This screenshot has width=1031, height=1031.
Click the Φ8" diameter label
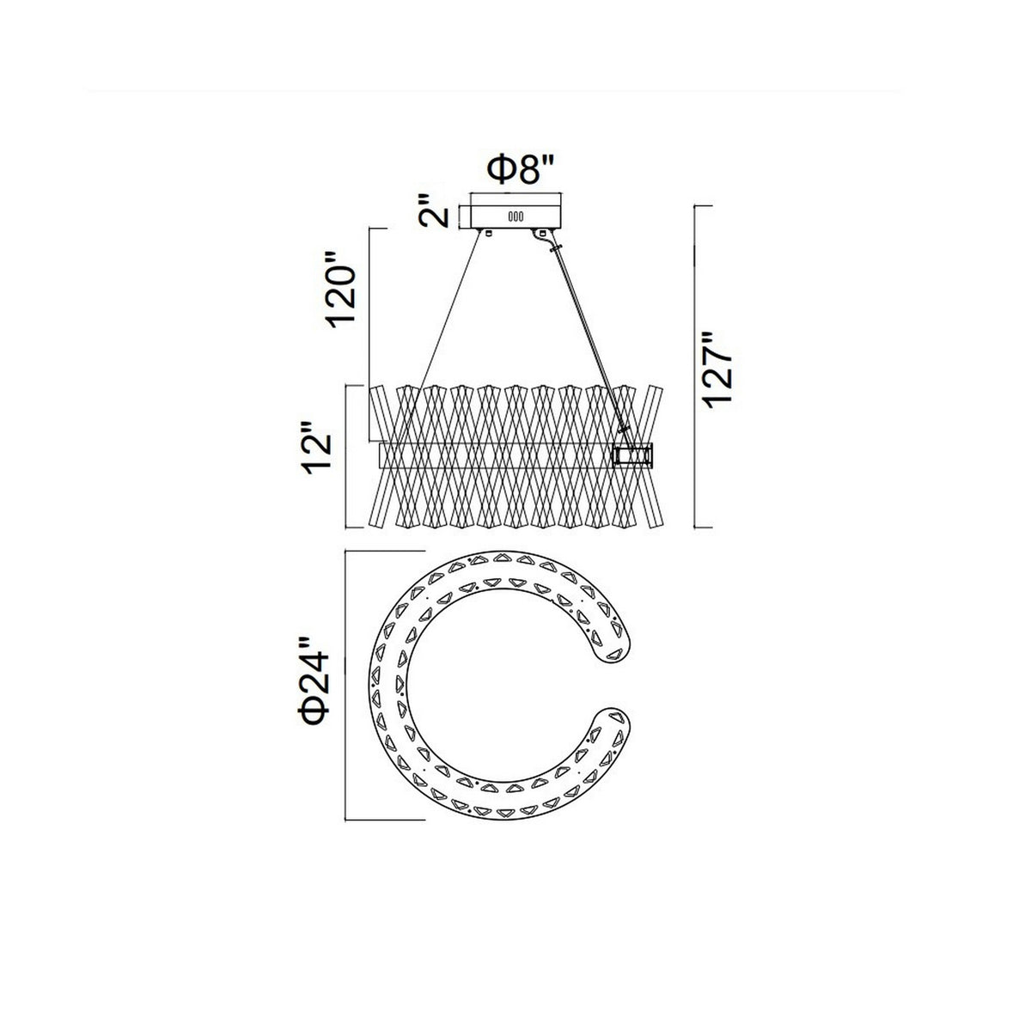click(518, 170)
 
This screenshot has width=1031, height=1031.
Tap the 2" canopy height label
click(433, 210)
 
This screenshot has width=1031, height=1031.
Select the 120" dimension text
click(341, 289)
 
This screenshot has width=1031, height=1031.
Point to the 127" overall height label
click(717, 370)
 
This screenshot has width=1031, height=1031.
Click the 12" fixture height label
click(317, 448)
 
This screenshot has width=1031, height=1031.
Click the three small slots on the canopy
click(515, 217)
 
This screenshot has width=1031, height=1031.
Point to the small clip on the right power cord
click(556, 249)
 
